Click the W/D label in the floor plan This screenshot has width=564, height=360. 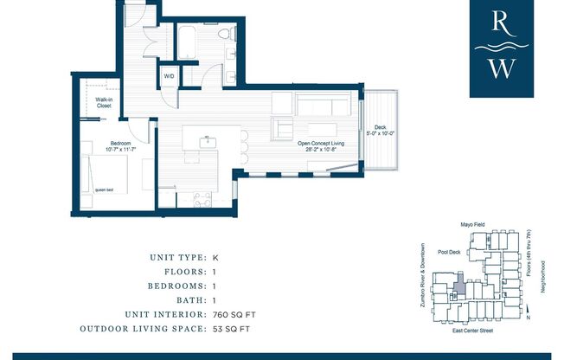[170, 76]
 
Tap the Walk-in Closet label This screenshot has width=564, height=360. [104, 103]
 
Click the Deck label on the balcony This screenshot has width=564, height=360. [379, 127]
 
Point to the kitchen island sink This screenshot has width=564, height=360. [208, 139]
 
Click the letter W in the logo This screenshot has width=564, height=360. [500, 68]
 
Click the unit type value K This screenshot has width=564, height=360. [215, 257]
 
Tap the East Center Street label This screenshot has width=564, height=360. [472, 331]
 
